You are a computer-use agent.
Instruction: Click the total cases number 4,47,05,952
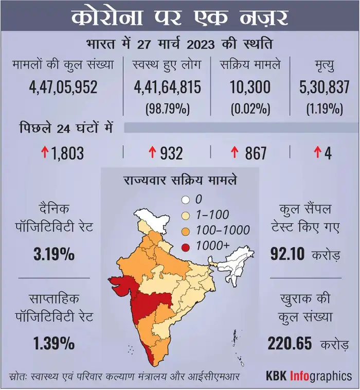(x=63, y=88)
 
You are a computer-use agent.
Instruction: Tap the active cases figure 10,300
(x=250, y=88)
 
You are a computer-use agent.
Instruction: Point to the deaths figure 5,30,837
(x=323, y=88)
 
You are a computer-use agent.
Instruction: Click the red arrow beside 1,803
(x=45, y=153)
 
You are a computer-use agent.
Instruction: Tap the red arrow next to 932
(x=152, y=153)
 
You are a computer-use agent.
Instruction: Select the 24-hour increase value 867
(x=256, y=153)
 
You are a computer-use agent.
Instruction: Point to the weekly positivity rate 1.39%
(x=55, y=343)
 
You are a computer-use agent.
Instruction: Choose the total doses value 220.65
(x=293, y=343)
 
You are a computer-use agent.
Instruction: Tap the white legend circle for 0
(x=186, y=200)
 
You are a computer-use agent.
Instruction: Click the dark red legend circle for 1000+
(x=186, y=246)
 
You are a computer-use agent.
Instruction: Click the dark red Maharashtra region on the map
(x=154, y=304)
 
